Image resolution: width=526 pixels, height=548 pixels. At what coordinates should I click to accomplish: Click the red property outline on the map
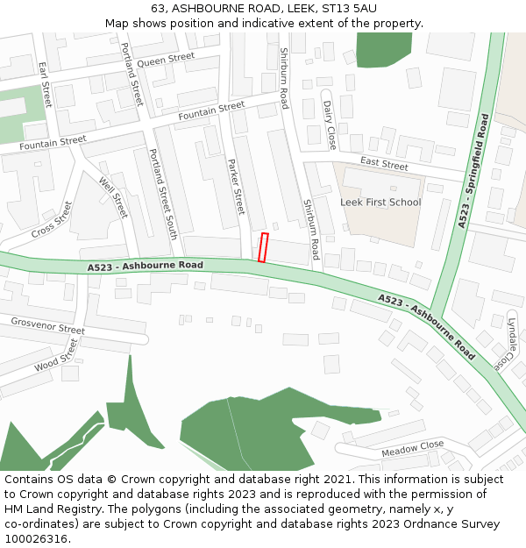click(262, 247)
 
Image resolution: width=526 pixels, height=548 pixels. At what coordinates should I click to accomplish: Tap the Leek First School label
click(380, 203)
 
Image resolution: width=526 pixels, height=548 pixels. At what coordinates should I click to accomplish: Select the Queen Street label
click(166, 60)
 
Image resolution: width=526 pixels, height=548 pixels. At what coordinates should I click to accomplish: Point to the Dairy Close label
click(330, 124)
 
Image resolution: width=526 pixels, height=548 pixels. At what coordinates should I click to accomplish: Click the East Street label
click(384, 164)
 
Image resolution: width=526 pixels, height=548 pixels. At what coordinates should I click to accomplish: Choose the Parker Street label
click(236, 186)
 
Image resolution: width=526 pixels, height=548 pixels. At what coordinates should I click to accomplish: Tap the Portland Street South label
click(163, 194)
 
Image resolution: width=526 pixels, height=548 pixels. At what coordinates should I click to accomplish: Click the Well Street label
click(113, 197)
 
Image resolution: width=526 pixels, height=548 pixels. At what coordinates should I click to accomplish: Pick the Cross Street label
click(52, 220)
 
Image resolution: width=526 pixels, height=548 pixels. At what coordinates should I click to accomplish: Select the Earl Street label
click(46, 84)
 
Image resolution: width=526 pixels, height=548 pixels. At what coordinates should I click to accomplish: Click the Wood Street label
click(57, 355)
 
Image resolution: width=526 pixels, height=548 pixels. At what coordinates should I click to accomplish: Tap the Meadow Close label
click(412, 450)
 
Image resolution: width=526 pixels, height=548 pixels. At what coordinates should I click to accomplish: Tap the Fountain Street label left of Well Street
click(53, 141)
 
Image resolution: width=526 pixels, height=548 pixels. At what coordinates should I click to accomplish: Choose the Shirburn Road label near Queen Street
click(283, 78)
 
